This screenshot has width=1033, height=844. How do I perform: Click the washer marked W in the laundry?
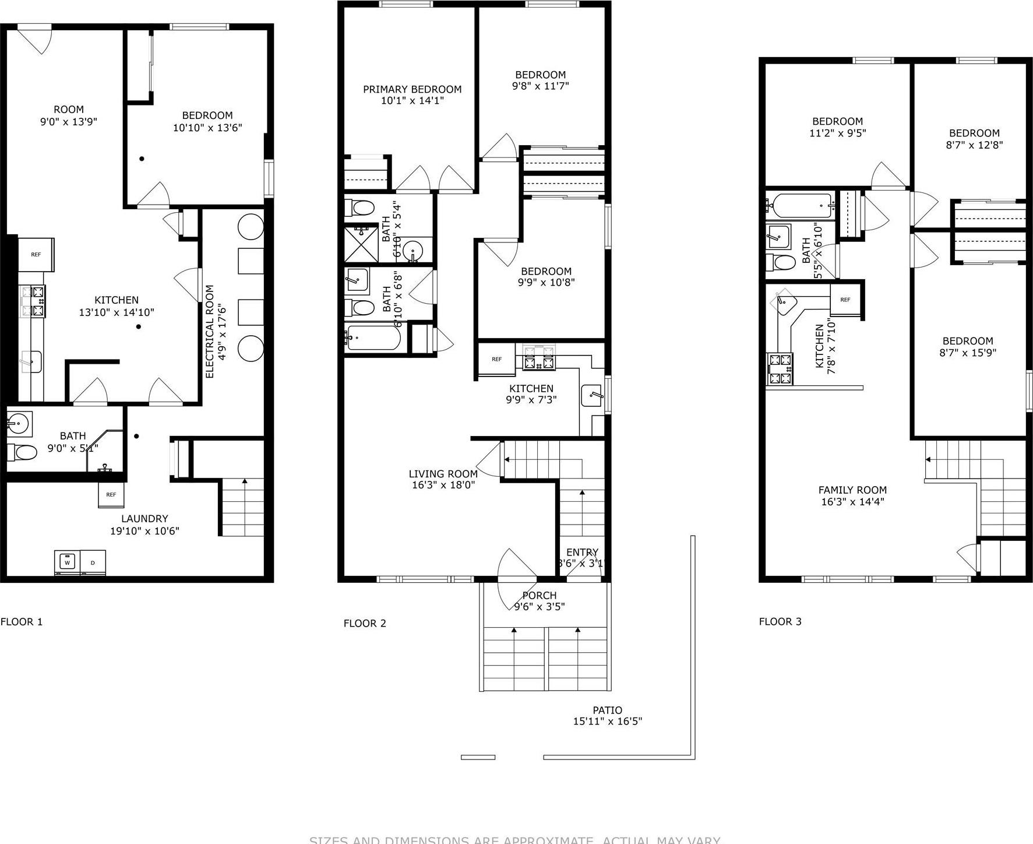coord(68,562)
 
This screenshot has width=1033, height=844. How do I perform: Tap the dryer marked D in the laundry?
coord(93,562)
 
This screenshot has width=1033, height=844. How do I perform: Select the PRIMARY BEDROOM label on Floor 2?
coord(412,89)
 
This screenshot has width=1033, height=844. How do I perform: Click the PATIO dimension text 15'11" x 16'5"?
coord(607,722)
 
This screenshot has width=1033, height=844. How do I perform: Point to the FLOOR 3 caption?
coord(780,621)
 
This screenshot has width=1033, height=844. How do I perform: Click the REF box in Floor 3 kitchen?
coord(845,300)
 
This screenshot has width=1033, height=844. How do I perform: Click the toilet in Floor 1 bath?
coord(22,452)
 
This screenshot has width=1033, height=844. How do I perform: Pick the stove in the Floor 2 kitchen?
coord(538,357)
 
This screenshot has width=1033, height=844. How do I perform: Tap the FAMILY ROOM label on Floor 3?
coord(852,490)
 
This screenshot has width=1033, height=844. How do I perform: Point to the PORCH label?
coord(539,595)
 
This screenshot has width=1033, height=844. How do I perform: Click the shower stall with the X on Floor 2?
coord(361,244)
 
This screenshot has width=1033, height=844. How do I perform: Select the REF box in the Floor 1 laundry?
coord(111,494)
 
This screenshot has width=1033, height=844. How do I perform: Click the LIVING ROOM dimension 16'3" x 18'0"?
coord(443,485)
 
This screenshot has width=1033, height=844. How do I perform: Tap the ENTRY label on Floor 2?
coord(582,553)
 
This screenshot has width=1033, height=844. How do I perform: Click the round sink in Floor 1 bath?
coord(19,422)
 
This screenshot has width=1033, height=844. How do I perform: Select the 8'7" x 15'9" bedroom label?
coord(968,353)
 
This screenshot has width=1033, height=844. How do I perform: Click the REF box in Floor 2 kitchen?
coord(496,359)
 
